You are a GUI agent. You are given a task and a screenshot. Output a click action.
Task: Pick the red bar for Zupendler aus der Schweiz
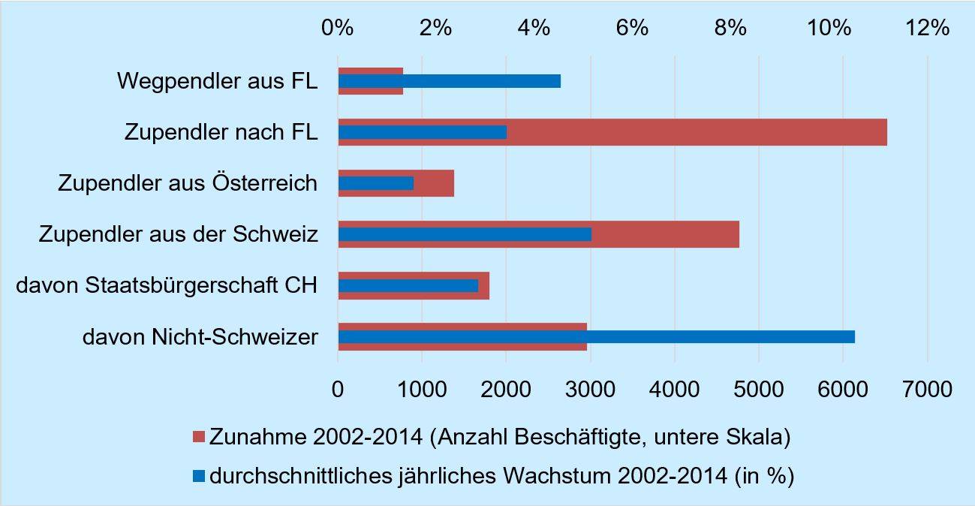pos(668,234)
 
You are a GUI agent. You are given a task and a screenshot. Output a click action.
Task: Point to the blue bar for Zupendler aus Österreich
pos(375,183)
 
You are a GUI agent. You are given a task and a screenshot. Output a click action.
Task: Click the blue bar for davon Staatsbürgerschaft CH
pos(409,285)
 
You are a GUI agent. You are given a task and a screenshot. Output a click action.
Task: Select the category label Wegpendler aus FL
pos(218,80)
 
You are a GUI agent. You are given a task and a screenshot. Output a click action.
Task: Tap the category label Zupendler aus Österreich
pos(188,183)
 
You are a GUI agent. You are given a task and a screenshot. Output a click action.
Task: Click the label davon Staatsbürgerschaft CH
pos(166,285)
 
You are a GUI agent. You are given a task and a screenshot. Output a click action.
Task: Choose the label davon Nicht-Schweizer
pos(200,337)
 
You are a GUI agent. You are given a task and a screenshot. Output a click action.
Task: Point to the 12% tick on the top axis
pos(928,29)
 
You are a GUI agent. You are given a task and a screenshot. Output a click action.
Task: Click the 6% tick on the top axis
pos(632,29)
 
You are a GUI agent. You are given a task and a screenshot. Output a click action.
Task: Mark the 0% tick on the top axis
pos(338,29)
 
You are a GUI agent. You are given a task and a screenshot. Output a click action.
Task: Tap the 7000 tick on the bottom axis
pos(927,389)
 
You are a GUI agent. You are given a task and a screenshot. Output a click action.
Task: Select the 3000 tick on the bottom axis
pos(590,389)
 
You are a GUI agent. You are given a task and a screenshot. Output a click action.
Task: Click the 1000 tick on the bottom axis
pos(422,389)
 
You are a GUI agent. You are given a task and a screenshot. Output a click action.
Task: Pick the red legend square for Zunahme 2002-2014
pos(199,437)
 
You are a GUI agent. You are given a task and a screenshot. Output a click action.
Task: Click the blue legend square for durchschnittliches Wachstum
pos(199,476)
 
